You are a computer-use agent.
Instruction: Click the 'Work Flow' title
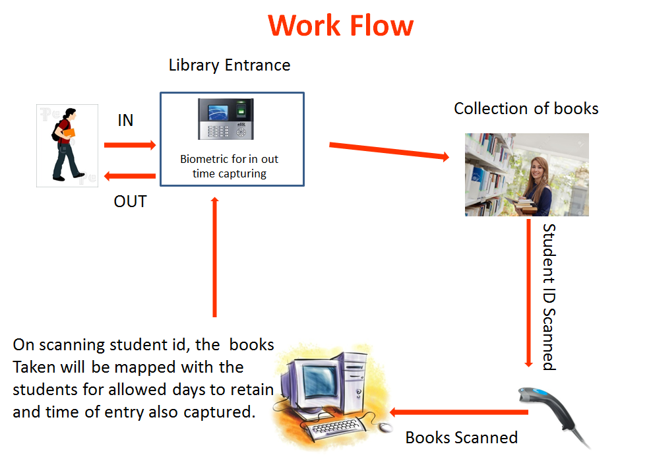click(341, 26)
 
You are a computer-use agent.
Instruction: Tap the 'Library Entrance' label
click(230, 65)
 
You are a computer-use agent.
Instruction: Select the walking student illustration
click(67, 145)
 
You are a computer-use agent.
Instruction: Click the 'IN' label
click(125, 121)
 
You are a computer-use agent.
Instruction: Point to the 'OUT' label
click(130, 201)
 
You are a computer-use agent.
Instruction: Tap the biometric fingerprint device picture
click(226, 119)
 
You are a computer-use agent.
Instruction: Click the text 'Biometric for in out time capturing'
click(230, 166)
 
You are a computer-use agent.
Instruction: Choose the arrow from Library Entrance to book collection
click(389, 151)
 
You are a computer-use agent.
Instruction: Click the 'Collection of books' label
click(526, 108)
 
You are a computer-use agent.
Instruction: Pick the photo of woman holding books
click(526, 174)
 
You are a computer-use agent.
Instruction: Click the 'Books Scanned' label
click(461, 437)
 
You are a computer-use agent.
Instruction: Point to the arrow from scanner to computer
click(458, 413)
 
